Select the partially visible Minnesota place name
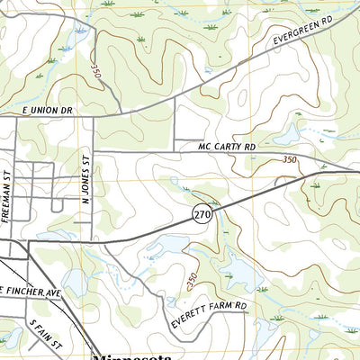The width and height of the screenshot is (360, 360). tap(135, 354)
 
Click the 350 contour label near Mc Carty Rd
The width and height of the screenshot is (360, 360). tap(290, 159)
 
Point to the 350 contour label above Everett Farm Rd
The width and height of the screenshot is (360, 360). tap(191, 281)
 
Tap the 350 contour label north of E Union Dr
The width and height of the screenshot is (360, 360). tap(94, 69)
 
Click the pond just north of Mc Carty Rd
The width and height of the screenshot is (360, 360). tap(288, 135)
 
